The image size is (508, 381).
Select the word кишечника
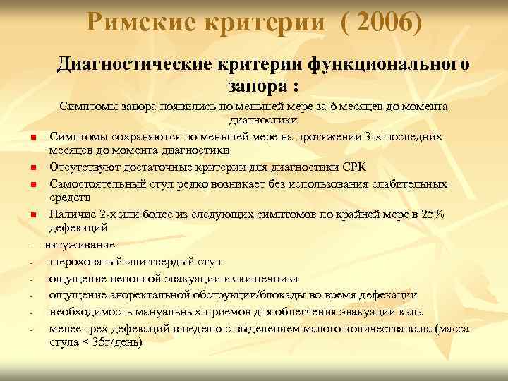pyautogui.click(x=272, y=278)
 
